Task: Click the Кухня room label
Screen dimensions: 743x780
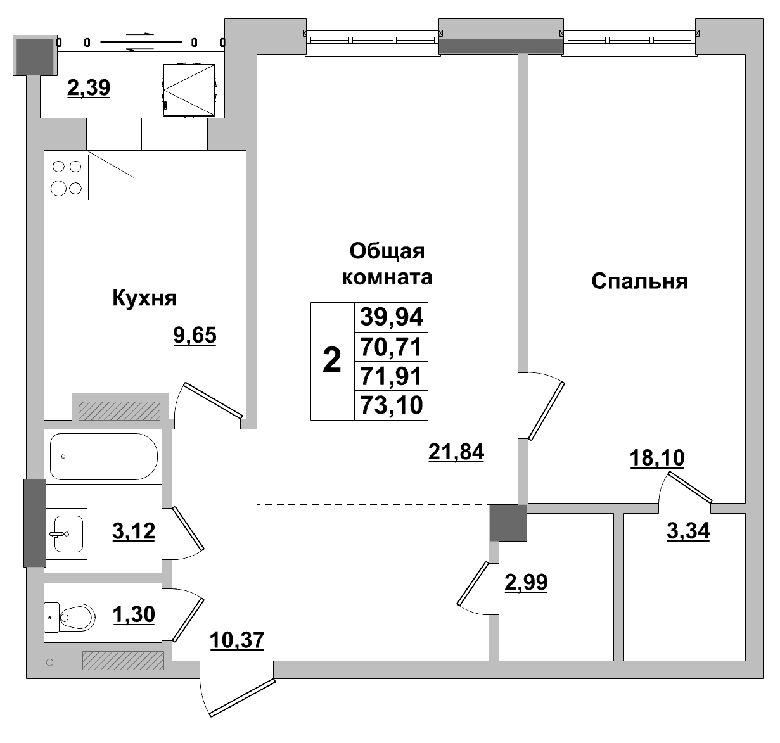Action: pos(144,298)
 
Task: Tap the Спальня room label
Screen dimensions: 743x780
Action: pos(639,281)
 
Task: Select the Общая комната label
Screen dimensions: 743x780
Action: pos(387,264)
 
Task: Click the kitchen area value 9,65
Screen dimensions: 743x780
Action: pos(195,335)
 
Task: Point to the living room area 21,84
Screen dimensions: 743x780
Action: pos(456,452)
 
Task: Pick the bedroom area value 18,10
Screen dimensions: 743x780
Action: pos(657,457)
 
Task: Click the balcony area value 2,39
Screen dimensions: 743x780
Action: pos(89,88)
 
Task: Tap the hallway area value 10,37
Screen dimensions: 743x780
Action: pos(236,640)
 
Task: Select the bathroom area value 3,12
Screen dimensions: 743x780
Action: pos(134,531)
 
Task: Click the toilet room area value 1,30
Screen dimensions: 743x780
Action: pos(134,614)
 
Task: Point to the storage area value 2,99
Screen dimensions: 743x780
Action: pos(525,581)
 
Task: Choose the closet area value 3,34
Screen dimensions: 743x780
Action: pos(688,531)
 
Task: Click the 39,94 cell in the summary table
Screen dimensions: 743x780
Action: pos(391,317)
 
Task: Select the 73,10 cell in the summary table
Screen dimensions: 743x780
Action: pos(391,405)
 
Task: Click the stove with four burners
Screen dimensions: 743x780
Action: pos(67,177)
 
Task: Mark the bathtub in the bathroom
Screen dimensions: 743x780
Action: pos(103,455)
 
